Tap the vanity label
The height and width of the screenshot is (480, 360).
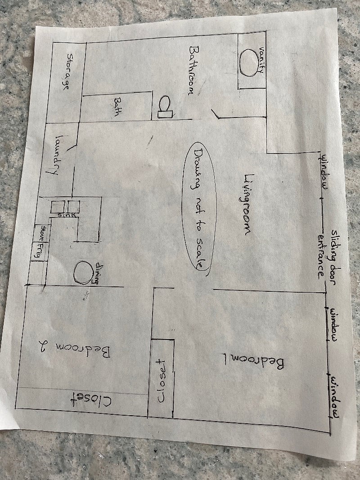click(261, 60)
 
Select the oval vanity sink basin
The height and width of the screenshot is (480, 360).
click(249, 63)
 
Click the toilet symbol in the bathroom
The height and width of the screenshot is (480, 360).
click(166, 107)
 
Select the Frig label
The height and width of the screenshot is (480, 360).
click(39, 250)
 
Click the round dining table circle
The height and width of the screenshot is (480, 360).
click(83, 272)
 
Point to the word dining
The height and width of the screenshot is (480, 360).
click(98, 273)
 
